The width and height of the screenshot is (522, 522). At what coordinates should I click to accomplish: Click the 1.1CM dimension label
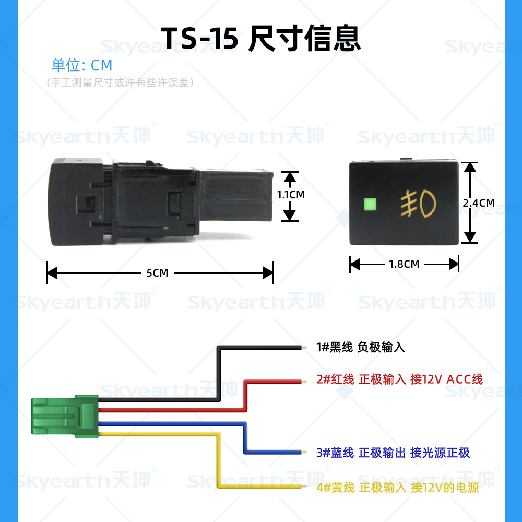tap(291, 195)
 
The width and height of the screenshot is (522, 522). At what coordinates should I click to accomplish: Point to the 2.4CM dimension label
tap(478, 203)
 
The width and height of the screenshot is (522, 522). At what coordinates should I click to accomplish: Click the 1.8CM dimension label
tap(404, 264)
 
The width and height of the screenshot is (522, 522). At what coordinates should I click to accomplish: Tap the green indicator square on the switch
tap(370, 204)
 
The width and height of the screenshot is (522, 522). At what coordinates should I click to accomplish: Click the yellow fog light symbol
tap(418, 204)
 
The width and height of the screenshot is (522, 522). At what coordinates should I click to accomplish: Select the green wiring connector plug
tap(65, 416)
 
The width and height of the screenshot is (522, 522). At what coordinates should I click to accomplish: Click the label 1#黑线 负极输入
tap(361, 347)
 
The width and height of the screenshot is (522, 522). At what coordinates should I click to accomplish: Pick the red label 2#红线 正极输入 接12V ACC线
tap(400, 379)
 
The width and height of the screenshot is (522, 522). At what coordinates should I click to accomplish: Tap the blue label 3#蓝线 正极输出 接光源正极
tap(393, 453)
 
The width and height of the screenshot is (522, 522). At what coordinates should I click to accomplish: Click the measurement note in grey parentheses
tap(120, 82)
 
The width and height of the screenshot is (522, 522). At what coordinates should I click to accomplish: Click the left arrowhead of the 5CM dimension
tap(51, 272)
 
